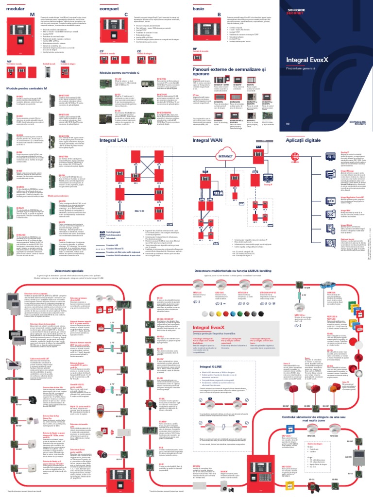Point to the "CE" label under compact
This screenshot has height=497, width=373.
(139, 50)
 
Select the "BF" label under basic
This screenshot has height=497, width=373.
(195, 49)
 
